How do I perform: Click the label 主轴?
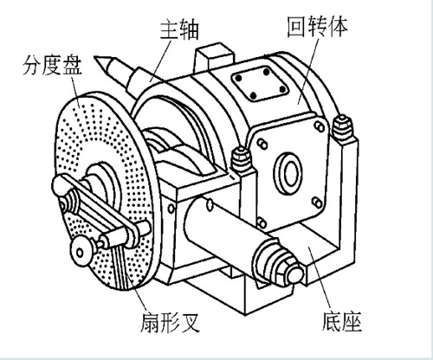point(179,29)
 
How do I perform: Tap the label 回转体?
point(318,26)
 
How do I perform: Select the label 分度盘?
point(52,65)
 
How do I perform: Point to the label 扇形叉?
point(170,322)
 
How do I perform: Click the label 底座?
point(341,321)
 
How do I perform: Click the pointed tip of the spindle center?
point(95,58)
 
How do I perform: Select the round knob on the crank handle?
point(81,251)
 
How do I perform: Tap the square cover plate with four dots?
point(260,83)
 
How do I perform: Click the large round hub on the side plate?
point(288,173)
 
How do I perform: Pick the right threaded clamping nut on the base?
point(343,127)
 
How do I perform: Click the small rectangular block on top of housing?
point(214,58)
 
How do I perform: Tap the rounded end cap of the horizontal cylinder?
point(295,274)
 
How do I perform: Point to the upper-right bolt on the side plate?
point(320,126)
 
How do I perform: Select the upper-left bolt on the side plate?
point(262,144)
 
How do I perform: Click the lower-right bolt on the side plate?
point(317,202)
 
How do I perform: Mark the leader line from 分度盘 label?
point(74,90)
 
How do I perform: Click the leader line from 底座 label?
point(320,278)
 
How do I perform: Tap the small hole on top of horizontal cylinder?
point(210,204)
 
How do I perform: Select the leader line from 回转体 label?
point(308,71)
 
